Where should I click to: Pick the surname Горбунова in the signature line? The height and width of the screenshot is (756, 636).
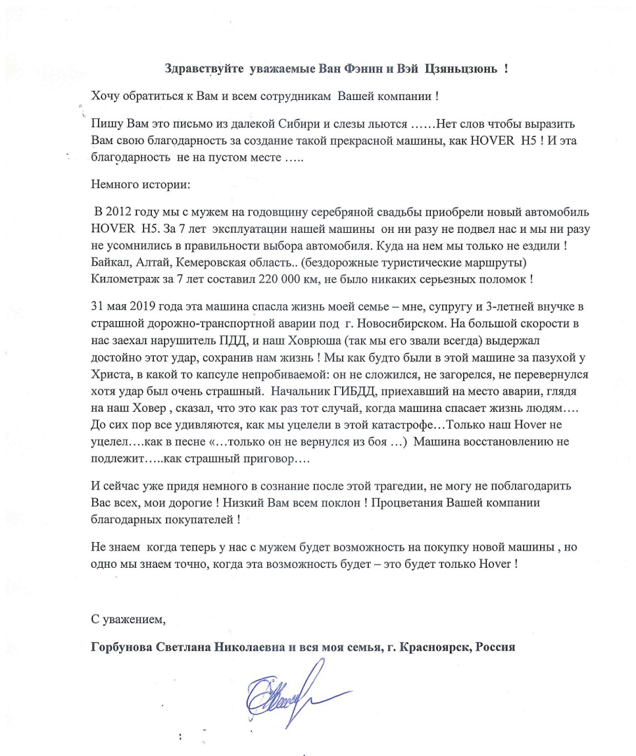125,647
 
